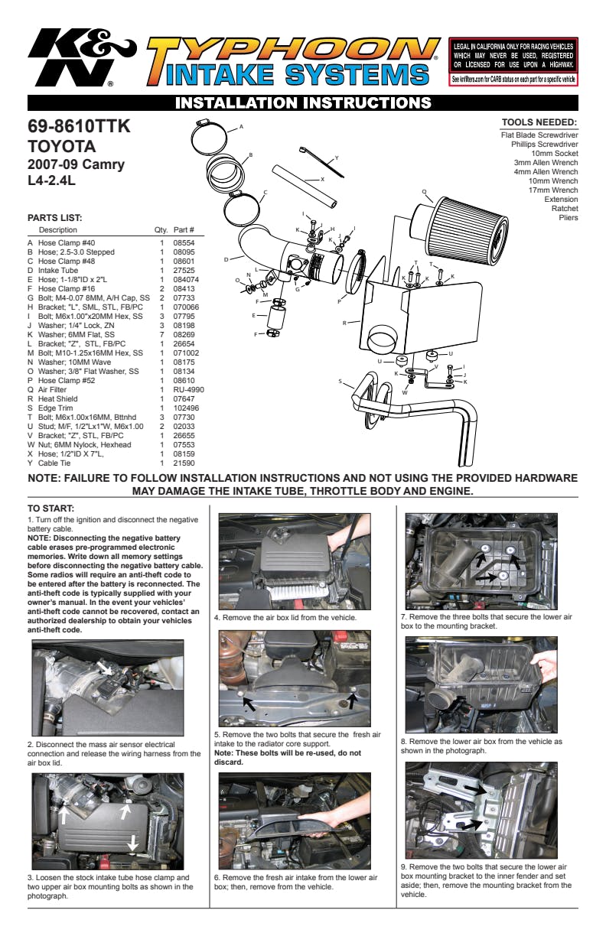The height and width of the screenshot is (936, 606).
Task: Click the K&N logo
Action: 80,58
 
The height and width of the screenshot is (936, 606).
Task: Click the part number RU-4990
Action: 188,389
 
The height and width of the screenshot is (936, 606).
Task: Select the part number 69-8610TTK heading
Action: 80,127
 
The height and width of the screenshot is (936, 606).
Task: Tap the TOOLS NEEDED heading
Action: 539,122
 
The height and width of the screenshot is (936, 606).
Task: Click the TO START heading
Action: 51,508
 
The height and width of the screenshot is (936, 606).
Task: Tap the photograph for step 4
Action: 295,561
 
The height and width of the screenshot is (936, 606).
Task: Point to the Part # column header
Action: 184,230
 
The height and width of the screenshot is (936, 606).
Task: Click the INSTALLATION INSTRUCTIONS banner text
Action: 303,102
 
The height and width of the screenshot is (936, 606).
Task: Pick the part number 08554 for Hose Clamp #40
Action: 184,242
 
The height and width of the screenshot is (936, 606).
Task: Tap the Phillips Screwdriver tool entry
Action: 544,144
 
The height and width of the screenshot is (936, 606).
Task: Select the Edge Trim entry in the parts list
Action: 56,408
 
